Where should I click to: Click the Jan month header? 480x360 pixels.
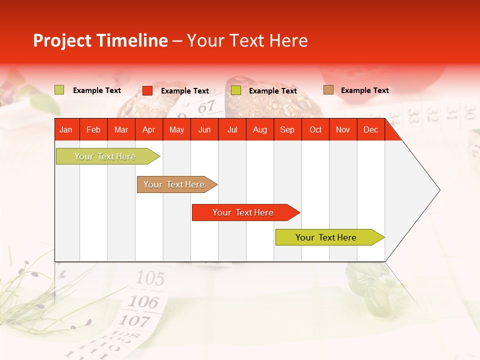pyautogui.click(x=66, y=130)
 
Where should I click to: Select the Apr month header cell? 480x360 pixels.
pyautogui.click(x=148, y=130)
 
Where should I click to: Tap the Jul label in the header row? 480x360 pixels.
pyautogui.click(x=232, y=130)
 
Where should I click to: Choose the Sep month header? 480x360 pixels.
pyautogui.click(x=287, y=130)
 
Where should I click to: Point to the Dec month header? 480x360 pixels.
pyautogui.click(x=370, y=130)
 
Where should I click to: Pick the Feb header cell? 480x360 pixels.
pyautogui.click(x=93, y=130)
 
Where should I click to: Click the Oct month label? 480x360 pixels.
pyautogui.click(x=315, y=130)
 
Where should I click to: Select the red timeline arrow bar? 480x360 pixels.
pyautogui.click(x=245, y=212)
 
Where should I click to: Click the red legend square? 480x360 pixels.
pyautogui.click(x=147, y=90)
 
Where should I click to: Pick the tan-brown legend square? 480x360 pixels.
pyautogui.click(x=328, y=90)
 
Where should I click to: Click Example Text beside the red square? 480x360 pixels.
pyautogui.click(x=185, y=91)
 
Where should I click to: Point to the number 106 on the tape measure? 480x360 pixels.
pyautogui.click(x=143, y=301)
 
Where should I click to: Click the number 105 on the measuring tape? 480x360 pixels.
pyautogui.click(x=150, y=278)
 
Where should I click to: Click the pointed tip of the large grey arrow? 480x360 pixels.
pyautogui.click(x=439, y=190)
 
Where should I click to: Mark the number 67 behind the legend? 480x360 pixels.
pyautogui.click(x=206, y=106)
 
